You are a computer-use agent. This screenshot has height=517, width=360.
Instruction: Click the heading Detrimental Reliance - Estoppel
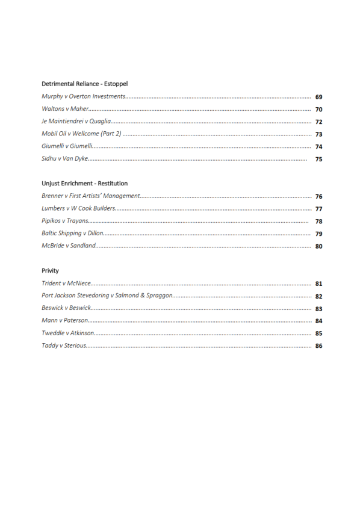84,83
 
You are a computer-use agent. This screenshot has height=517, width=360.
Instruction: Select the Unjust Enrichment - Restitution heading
84,183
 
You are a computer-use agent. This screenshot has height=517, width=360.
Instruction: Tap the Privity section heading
50,270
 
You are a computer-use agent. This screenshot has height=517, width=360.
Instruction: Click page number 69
318,96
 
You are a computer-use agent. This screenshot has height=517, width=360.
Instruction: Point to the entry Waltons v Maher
65,109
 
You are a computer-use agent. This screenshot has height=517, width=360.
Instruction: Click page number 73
318,134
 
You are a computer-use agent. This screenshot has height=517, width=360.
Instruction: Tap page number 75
318,159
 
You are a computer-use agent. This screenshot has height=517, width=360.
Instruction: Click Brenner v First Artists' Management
90,196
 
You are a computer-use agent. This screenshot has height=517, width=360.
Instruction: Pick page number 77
318,209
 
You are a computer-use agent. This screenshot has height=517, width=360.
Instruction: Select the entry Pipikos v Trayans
64,221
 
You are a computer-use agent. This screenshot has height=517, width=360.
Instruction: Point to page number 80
318,246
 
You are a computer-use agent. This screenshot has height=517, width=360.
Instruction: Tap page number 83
318,309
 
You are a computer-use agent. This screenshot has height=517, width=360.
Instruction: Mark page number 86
318,346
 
